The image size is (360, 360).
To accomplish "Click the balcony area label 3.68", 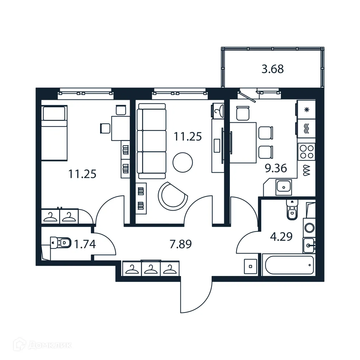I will [x=272, y=69].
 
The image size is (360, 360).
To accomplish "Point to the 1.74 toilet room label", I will [x=84, y=244].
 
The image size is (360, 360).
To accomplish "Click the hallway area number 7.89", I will [x=180, y=244].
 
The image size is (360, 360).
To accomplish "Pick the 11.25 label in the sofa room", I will [x=188, y=136].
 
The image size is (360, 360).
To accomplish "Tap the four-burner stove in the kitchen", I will [x=306, y=152].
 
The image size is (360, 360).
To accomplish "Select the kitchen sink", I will [x=283, y=187].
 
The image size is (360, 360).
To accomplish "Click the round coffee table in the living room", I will [x=183, y=162].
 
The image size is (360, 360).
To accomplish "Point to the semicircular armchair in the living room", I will [x=172, y=195].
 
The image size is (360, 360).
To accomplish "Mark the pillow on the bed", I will [x=54, y=114].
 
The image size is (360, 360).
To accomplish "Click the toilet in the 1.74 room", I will [x=60, y=242].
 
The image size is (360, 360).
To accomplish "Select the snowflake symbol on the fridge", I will [x=306, y=109].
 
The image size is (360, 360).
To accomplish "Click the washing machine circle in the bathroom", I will [x=309, y=227].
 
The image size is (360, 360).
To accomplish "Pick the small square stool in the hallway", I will [x=250, y=266].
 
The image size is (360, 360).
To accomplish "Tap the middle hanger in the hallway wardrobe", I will [x=151, y=269].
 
